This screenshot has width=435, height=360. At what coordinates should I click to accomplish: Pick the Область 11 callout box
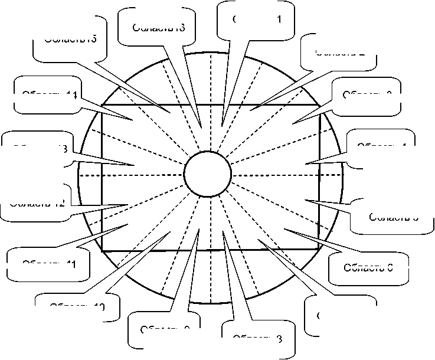click(48, 263)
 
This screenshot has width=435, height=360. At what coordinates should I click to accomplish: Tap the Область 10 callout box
click(77, 306)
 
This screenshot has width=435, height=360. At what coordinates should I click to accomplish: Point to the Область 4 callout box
click(382, 145)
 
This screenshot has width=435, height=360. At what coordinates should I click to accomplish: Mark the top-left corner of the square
click(103, 106)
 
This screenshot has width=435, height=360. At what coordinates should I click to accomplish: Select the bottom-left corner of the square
click(103, 250)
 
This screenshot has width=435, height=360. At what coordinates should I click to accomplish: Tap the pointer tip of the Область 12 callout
click(129, 204)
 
